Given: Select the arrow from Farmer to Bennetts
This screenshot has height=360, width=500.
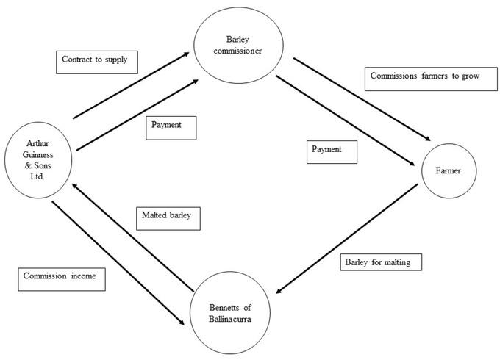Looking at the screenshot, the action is pyautogui.click(x=347, y=238).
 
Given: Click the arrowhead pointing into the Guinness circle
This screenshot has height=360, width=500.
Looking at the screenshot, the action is pyautogui.click(x=74, y=186).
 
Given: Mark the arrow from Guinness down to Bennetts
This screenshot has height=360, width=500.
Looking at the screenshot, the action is pyautogui.click(x=118, y=263).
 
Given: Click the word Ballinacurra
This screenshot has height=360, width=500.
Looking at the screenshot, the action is pyautogui.click(x=230, y=319).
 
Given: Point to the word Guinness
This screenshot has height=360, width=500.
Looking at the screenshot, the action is pyautogui.click(x=38, y=155).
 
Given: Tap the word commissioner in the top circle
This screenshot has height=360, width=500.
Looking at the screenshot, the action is pyautogui.click(x=238, y=51).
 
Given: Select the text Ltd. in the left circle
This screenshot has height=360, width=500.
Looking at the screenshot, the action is pyautogui.click(x=37, y=176).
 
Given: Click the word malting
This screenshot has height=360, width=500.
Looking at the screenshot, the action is pyautogui.click(x=397, y=262).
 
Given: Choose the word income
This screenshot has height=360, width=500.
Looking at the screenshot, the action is pyautogui.click(x=84, y=276).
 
